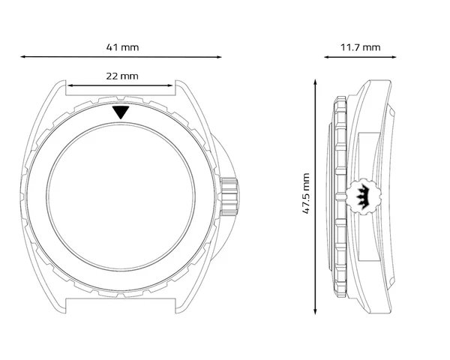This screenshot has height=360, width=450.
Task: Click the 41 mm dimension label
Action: point(122,47)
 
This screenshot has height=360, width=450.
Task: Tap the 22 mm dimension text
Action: point(122,76)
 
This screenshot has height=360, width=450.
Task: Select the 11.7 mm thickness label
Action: point(361,47)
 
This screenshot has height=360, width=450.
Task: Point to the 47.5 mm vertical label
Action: point(306,193)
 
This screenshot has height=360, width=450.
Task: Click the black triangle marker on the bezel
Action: point(121,112)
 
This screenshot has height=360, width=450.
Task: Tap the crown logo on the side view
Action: point(364,196)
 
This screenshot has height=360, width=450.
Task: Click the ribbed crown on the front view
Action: point(229,197)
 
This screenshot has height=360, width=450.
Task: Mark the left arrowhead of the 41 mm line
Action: point(22,57)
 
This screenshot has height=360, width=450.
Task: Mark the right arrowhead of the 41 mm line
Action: point(219,57)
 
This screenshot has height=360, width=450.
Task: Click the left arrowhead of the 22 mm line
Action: point(70,85)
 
